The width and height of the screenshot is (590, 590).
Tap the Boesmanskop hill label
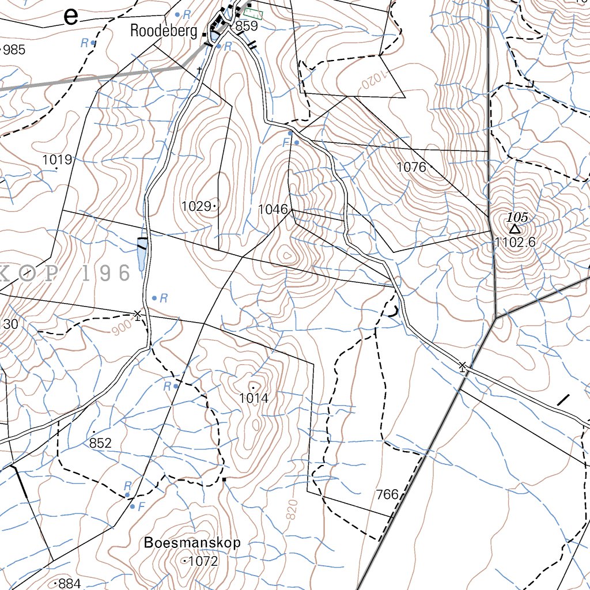pyautogui.click(x=192, y=543)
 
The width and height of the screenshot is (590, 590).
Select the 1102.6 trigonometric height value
pyautogui.click(x=515, y=243)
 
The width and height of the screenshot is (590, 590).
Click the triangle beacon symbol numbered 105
pyautogui.click(x=515, y=229)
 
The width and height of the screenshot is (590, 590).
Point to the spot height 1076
pyautogui.click(x=411, y=167)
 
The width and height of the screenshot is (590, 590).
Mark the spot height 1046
pyautogui.click(x=273, y=209)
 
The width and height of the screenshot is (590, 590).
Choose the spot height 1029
pyautogui.click(x=195, y=206)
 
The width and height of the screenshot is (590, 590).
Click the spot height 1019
pyautogui.click(x=56, y=160)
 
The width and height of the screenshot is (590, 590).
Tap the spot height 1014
pyautogui.click(x=254, y=398)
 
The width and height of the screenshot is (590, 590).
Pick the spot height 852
pyautogui.click(x=100, y=442)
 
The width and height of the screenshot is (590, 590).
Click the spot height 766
pyautogui.click(x=387, y=494)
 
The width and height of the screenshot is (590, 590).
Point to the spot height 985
pyautogui.click(x=14, y=50)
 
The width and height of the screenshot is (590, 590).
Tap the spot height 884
pyautogui.click(x=70, y=584)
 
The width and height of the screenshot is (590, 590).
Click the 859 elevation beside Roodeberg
pyautogui.click(x=246, y=26)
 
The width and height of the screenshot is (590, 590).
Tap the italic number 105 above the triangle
pyautogui.click(x=517, y=217)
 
